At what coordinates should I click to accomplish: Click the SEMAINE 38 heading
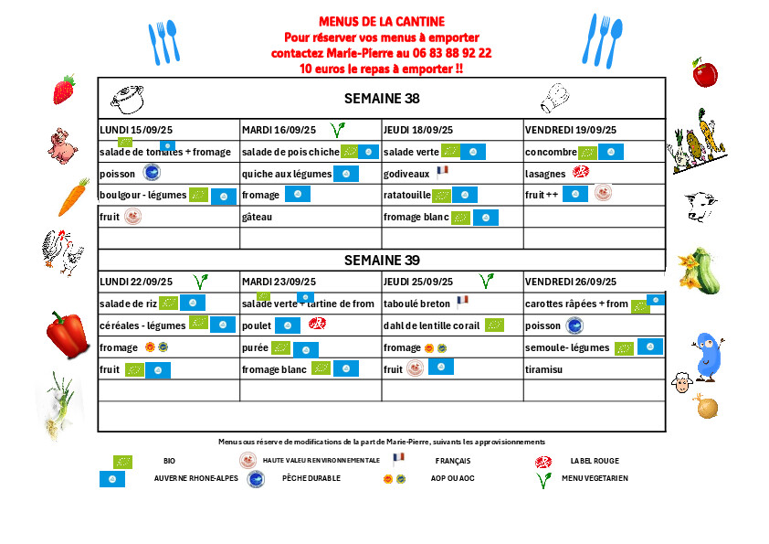pos(382,99)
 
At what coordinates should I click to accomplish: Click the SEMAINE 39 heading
pos(382,261)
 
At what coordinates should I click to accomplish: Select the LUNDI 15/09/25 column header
pos(138,130)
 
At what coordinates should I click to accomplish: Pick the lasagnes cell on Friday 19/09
pos(546,173)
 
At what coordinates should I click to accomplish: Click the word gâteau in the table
pos(258,217)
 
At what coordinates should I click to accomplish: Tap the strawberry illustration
pos(63,90)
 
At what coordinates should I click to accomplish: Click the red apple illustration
pos(704,72)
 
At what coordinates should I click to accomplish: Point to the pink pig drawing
pos(62,144)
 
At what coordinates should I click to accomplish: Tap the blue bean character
pos(709,356)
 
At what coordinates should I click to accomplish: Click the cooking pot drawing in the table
pos(127,96)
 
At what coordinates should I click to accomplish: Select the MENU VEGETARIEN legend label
pos(595,477)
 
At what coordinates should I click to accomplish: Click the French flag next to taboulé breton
pos(462,299)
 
